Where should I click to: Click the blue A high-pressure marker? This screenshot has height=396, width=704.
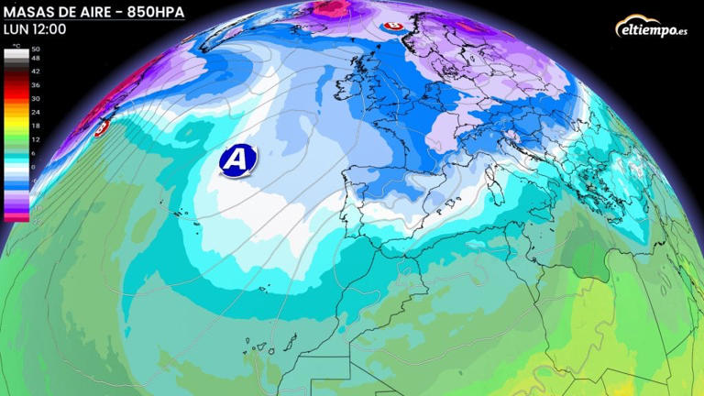pyautogui.click(x=237, y=159)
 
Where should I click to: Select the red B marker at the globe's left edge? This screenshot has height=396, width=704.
pyautogui.click(x=103, y=127)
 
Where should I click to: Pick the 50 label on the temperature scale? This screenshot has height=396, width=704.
pyautogui.click(x=36, y=49)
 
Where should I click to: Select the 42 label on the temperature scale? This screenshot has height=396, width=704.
pyautogui.click(x=36, y=70)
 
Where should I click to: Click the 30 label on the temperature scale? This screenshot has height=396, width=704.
pyautogui.click(x=36, y=98)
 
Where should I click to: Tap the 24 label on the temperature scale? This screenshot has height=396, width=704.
pyautogui.click(x=36, y=112)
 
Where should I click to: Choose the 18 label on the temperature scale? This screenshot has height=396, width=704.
pyautogui.click(x=36, y=126)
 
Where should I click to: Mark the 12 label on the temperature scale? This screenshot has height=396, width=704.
pyautogui.click(x=36, y=139)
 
